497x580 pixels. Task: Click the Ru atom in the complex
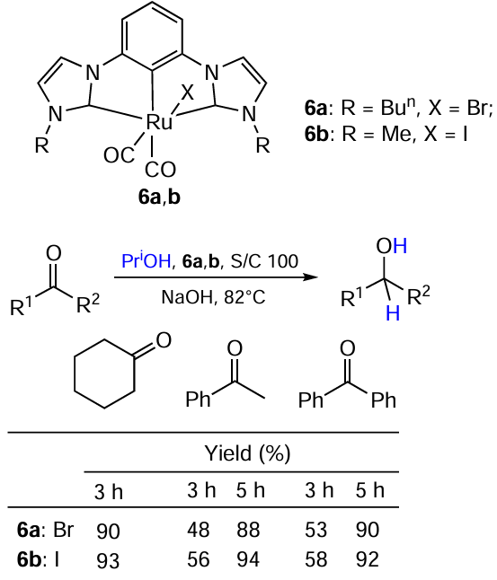click(159, 122)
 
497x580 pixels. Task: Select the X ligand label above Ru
click(188, 92)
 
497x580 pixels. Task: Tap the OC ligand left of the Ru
click(119, 155)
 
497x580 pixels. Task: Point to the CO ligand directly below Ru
click(160, 171)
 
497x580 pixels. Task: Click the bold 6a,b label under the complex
click(159, 197)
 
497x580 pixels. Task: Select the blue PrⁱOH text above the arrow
click(146, 260)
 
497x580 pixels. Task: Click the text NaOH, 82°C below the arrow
click(213, 297)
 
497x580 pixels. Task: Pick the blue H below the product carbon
click(393, 313)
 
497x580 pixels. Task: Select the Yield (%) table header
click(247, 453)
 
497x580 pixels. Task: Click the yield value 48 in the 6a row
click(198, 530)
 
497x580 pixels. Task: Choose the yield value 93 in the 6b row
click(108, 560)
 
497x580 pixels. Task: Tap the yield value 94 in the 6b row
click(248, 559)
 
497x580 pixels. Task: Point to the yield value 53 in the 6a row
click(315, 530)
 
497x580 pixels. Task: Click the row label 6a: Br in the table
click(45, 530)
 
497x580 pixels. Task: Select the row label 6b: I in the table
click(38, 559)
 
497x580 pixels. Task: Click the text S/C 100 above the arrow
click(264, 261)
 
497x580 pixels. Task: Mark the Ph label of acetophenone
click(198, 400)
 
